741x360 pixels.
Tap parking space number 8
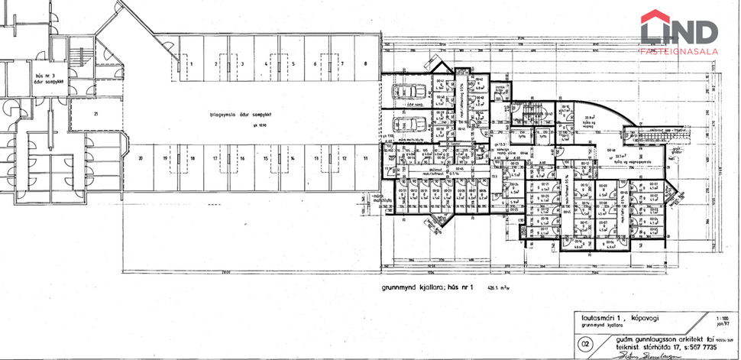click(x=367, y=63)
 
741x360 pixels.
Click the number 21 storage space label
click(x=96, y=114)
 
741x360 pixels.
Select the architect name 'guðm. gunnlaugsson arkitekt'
click(x=634, y=336)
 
